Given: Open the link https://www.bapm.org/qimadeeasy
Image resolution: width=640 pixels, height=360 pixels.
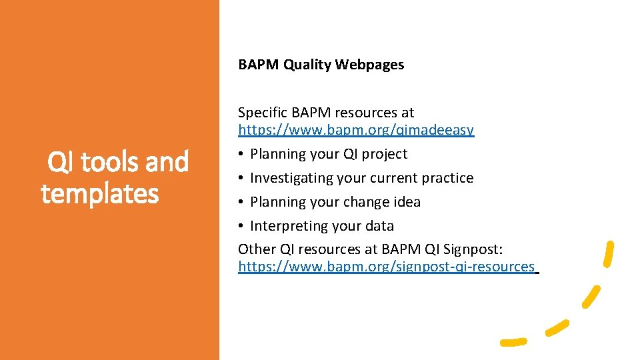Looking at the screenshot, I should (x=356, y=130).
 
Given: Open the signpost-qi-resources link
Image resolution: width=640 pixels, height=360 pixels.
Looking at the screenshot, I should (x=387, y=267).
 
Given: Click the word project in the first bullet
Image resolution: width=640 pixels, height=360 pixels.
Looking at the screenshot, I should (x=384, y=154).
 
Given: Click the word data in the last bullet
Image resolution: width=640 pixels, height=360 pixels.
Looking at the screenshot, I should (x=379, y=226).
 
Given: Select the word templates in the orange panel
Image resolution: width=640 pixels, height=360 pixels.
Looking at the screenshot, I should (x=100, y=193).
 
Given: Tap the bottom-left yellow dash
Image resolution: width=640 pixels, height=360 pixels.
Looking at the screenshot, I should (x=513, y=341).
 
